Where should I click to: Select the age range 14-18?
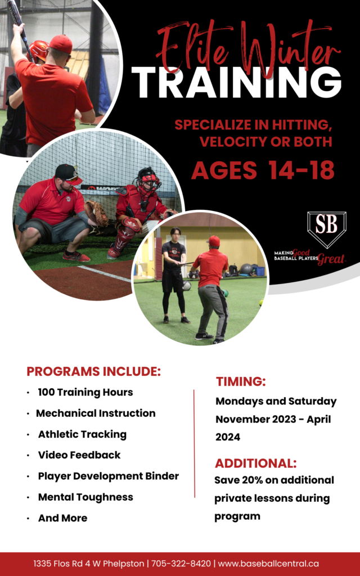tap(301, 170)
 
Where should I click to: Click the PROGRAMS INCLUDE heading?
tap(94, 371)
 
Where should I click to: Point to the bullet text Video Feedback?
tap(79, 454)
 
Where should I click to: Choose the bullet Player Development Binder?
tap(109, 476)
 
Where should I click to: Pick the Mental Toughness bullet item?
tap(85, 497)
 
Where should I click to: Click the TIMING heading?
tap(241, 382)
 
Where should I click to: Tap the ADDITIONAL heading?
tap(256, 463)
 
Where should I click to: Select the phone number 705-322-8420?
tap(181, 564)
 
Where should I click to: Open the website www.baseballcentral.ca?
tap(268, 564)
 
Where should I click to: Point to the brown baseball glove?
tap(96, 213)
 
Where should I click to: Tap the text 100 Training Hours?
tap(85, 392)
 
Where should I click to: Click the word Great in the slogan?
tap(332, 259)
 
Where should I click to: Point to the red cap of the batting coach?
tap(61, 44)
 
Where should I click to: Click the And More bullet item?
tap(63, 518)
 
